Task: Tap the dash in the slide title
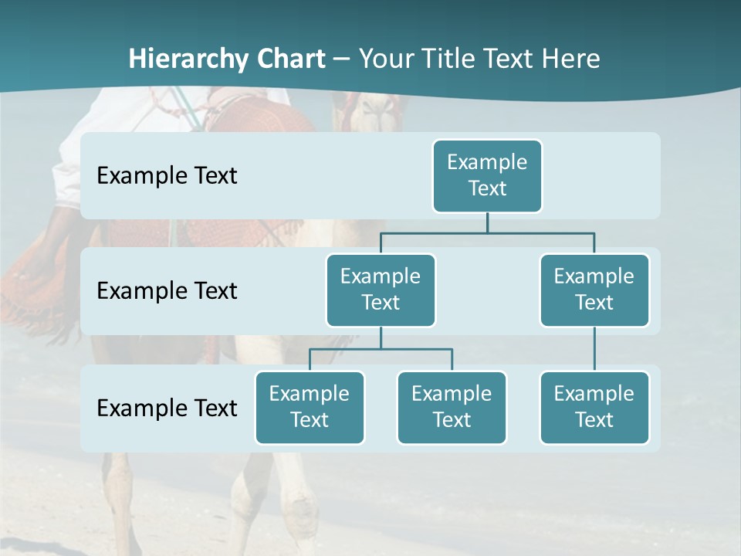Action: pyautogui.click(x=342, y=59)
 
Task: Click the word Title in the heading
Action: pyautogui.click(x=450, y=59)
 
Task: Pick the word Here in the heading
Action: pyautogui.click(x=570, y=59)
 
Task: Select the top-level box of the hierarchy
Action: pyautogui.click(x=487, y=175)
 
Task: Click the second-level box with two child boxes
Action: pyautogui.click(x=381, y=290)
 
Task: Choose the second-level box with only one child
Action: pyautogui.click(x=594, y=290)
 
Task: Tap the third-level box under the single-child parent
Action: pyautogui.click(x=594, y=407)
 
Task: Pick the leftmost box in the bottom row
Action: pyautogui.click(x=310, y=407)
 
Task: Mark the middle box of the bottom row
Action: pyautogui.click(x=452, y=407)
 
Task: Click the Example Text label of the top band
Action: pyautogui.click(x=167, y=175)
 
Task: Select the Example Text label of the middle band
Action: pyautogui.click(x=167, y=290)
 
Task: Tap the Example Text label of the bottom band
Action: pyautogui.click(x=167, y=408)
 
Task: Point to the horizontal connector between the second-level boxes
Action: pyautogui.click(x=487, y=232)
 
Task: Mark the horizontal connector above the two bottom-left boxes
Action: pyautogui.click(x=381, y=349)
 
